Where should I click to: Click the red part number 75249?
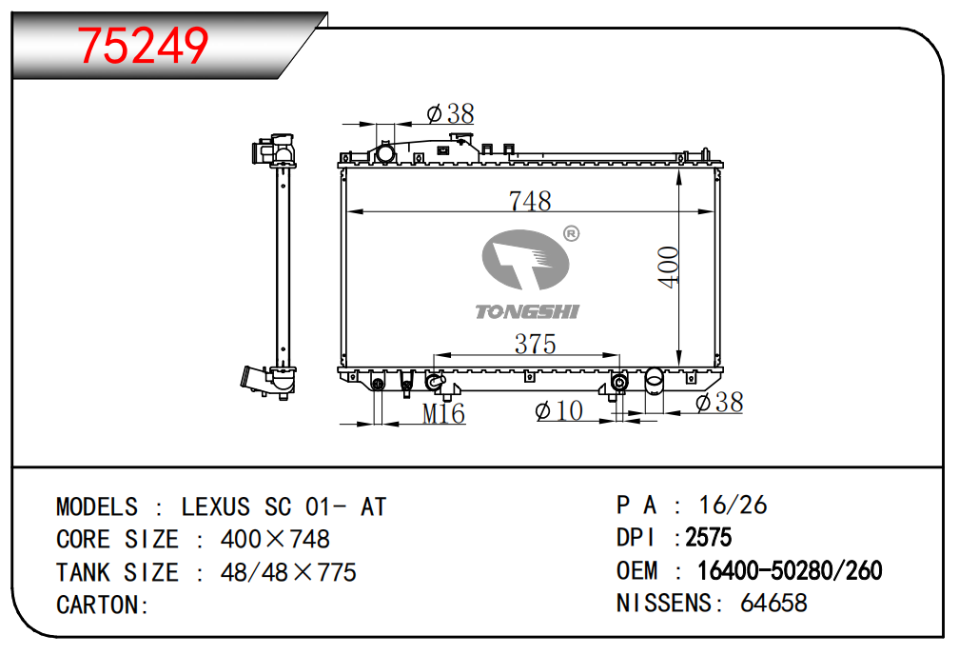pyautogui.click(x=143, y=46)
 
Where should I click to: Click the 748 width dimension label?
pyautogui.click(x=530, y=201)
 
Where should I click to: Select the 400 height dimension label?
pyautogui.click(x=669, y=267)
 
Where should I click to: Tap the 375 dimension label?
pyautogui.click(x=535, y=344)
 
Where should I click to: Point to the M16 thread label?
pyautogui.click(x=443, y=414)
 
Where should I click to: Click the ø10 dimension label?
pyautogui.click(x=559, y=410)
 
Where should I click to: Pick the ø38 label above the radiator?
pyautogui.click(x=451, y=113)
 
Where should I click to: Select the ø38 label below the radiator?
pyautogui.click(x=719, y=403)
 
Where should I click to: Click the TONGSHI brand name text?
pyautogui.click(x=527, y=311)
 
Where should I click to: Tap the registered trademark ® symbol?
pyautogui.click(x=571, y=234)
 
